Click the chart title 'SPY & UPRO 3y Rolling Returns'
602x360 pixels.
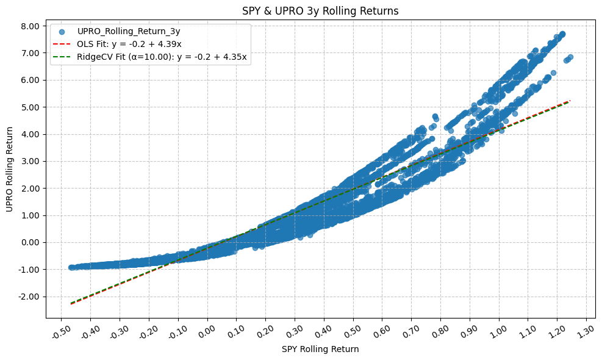point(321,10)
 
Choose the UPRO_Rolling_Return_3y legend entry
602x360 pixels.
point(129,31)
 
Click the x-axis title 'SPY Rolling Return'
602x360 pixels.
point(320,349)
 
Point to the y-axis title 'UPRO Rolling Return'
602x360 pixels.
point(9,170)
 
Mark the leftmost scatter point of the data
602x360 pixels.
point(71,267)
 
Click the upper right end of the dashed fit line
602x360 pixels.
point(570,101)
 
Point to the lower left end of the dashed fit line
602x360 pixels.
point(71,303)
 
